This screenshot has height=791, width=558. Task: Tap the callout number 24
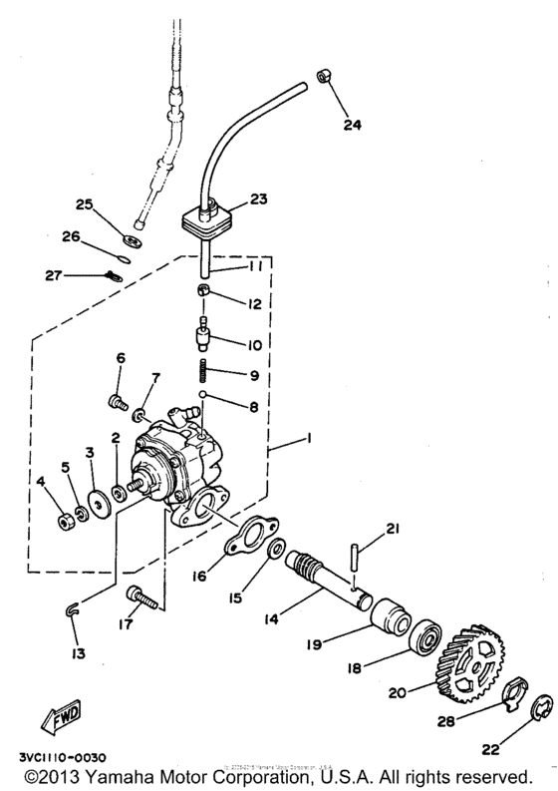(x=354, y=125)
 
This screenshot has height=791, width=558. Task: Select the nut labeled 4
(x=63, y=519)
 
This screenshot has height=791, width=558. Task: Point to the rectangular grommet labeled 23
(x=208, y=217)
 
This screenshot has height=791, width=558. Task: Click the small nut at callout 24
(x=324, y=77)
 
